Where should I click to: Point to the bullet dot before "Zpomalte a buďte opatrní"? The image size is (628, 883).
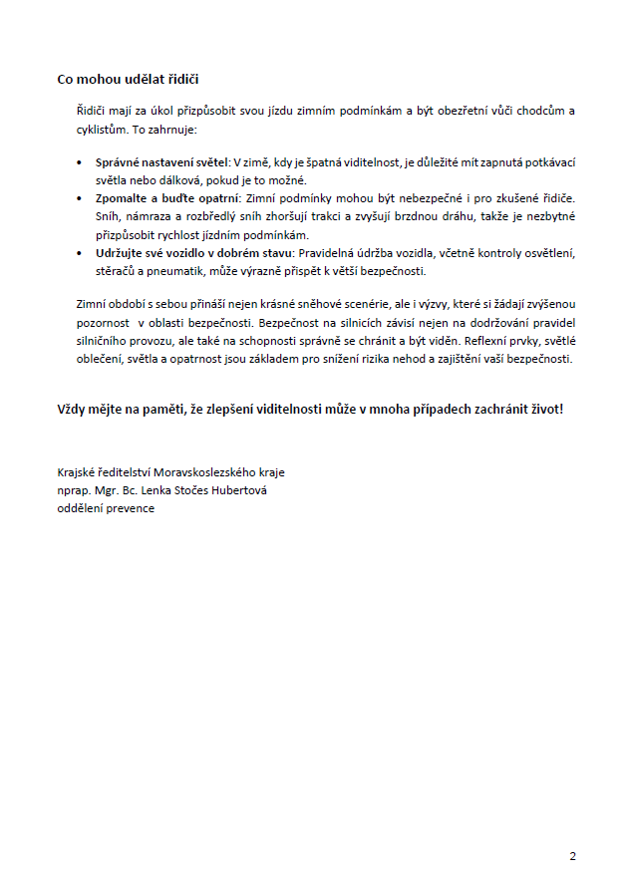click(x=81, y=198)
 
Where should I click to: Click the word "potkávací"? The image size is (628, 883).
click(x=550, y=161)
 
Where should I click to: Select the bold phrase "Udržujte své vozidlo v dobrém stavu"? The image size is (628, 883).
click(x=187, y=253)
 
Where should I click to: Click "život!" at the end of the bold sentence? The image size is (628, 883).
click(x=544, y=409)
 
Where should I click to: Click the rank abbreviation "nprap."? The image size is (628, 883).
click(x=74, y=489)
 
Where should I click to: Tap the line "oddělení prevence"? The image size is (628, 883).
click(x=106, y=507)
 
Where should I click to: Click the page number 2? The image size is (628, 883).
click(x=572, y=855)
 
